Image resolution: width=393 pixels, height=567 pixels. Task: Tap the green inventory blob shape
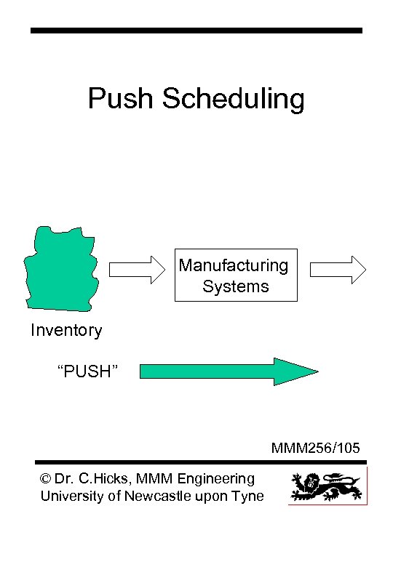[61, 266]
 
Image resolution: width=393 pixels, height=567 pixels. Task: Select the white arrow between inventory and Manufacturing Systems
[138, 270]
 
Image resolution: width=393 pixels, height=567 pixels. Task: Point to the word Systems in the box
[236, 286]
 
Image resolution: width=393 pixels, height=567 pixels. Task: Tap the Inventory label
[66, 331]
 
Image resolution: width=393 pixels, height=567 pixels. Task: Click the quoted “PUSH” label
[87, 372]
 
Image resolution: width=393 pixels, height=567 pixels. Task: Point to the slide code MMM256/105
[315, 448]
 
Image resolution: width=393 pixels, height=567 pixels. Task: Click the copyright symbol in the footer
[47, 479]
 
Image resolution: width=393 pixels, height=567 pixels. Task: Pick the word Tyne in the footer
[249, 496]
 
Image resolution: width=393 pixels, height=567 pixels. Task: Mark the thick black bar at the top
[196, 31]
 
